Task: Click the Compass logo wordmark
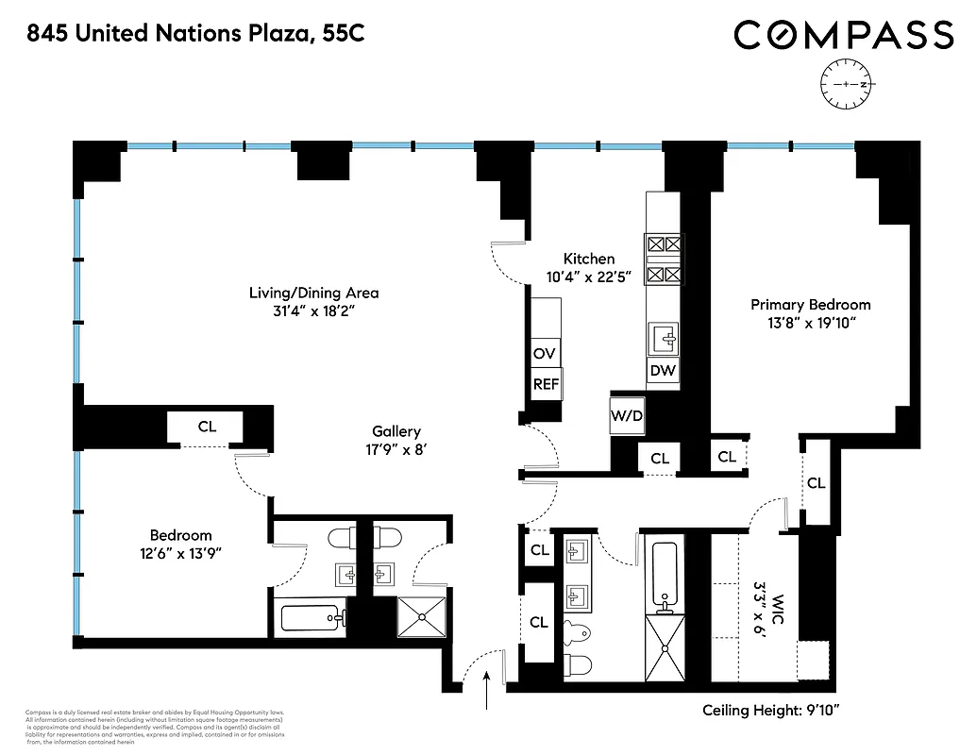[x=843, y=36]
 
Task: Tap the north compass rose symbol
[x=848, y=85]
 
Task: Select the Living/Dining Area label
[x=313, y=293]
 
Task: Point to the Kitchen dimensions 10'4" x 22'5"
[x=589, y=277]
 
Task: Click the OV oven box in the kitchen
[x=545, y=354]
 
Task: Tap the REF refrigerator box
[x=545, y=384]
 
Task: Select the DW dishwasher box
[x=663, y=370]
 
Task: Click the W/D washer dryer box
[x=625, y=414]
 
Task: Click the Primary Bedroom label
[x=810, y=305]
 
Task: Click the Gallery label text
[x=396, y=431]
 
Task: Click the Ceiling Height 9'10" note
[x=783, y=711]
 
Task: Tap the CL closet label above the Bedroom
[x=207, y=427]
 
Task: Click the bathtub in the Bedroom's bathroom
[x=311, y=618]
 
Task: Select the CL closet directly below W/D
[x=659, y=459]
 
